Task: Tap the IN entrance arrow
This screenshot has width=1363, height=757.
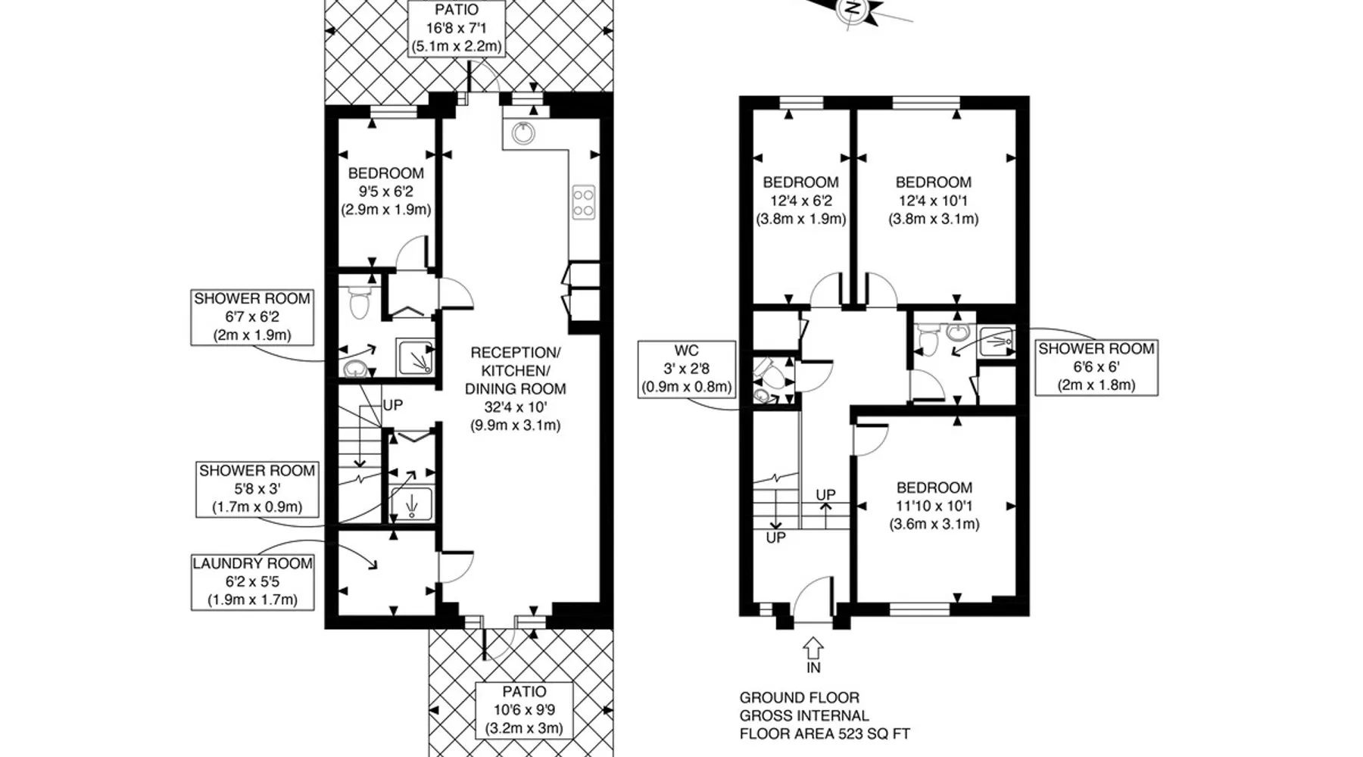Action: (813, 648)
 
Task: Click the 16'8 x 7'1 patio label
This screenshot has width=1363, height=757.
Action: (457, 28)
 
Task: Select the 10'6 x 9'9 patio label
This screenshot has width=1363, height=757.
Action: (524, 710)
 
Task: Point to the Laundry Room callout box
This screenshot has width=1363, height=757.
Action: (252, 581)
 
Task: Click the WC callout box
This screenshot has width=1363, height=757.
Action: (687, 369)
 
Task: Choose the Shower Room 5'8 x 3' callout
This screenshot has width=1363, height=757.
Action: (257, 489)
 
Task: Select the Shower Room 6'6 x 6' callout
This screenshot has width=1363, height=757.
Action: (1096, 366)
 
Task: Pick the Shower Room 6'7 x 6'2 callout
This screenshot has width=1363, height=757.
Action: (252, 317)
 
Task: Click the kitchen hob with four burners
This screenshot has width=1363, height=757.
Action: (583, 202)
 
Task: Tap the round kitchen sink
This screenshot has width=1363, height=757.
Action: (523, 133)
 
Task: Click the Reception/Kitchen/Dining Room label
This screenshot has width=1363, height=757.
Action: (516, 389)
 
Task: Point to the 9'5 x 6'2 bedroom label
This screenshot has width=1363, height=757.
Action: (386, 192)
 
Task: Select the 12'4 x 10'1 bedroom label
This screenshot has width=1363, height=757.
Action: (933, 201)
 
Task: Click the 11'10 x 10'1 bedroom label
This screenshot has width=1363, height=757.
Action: (934, 506)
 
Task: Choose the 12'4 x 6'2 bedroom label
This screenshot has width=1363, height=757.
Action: (800, 201)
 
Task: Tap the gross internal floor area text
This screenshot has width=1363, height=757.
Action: (825, 715)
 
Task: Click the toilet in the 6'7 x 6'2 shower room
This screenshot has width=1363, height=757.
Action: (359, 304)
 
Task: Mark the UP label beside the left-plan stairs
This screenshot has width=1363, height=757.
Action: (393, 405)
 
